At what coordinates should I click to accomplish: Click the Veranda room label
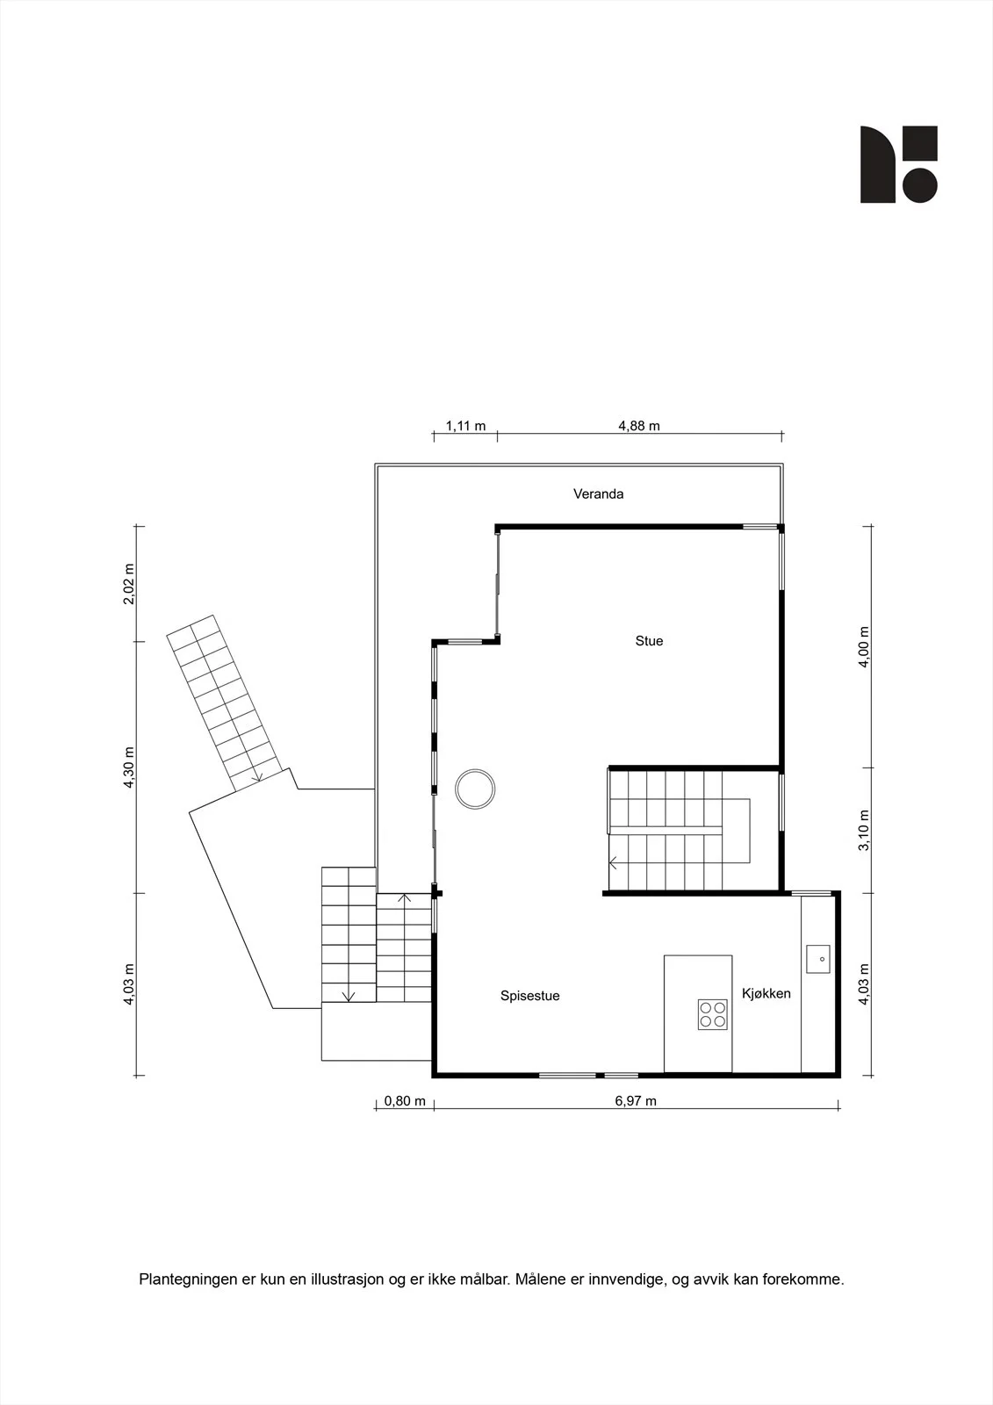pyautogui.click(x=599, y=494)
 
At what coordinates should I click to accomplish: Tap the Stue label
pyautogui.click(x=649, y=641)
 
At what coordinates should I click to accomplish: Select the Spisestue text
pyautogui.click(x=530, y=996)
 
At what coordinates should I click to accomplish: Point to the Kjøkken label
pyautogui.click(x=766, y=993)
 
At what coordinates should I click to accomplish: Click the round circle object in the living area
pyautogui.click(x=475, y=789)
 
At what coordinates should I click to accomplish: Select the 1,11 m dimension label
pyautogui.click(x=465, y=426)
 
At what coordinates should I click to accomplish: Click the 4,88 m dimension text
pyautogui.click(x=639, y=426)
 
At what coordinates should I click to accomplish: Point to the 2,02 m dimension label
pyautogui.click(x=128, y=584)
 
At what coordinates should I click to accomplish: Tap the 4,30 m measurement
pyautogui.click(x=128, y=767)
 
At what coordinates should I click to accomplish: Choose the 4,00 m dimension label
pyautogui.click(x=864, y=646)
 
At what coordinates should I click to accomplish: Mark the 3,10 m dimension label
pyautogui.click(x=864, y=830)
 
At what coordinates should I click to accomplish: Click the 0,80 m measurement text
pyautogui.click(x=405, y=1101)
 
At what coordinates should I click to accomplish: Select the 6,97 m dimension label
pyautogui.click(x=636, y=1101)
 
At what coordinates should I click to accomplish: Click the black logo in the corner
pyautogui.click(x=898, y=164)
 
